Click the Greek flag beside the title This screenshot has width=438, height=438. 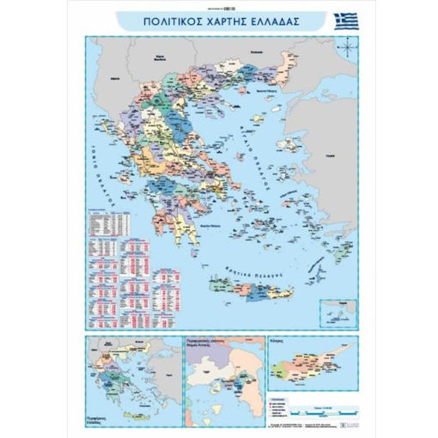click(346, 21)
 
